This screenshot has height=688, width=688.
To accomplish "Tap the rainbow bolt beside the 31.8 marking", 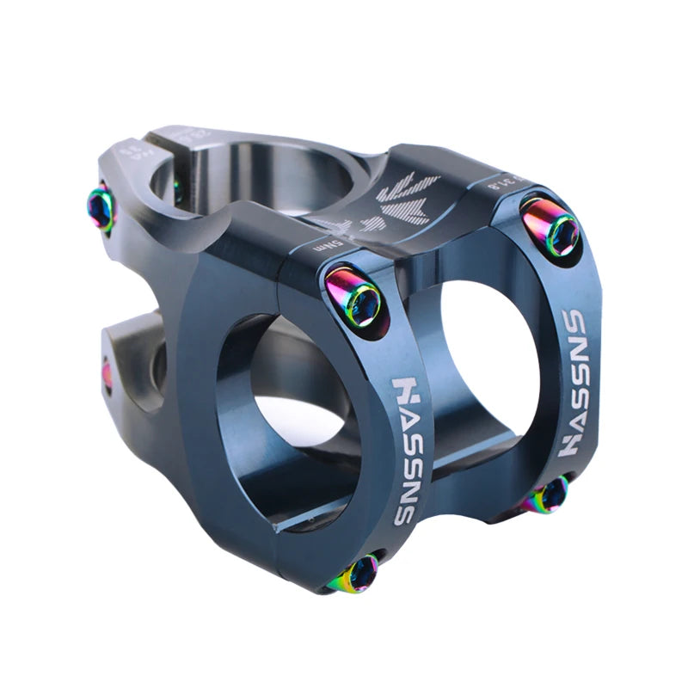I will [x=552, y=227].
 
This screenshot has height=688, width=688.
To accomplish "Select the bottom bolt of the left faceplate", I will [x=362, y=571].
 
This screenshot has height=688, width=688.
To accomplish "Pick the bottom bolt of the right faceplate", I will [x=548, y=496].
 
